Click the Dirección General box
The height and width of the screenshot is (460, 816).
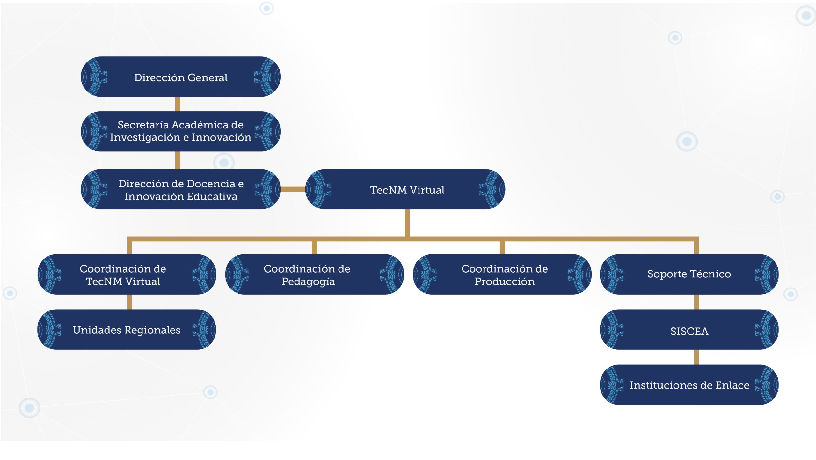click(x=180, y=77)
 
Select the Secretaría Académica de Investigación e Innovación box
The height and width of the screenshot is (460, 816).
click(x=180, y=131)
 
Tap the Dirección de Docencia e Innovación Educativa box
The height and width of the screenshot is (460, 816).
click(x=180, y=189)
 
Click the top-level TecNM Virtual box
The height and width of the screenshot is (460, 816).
click(x=405, y=189)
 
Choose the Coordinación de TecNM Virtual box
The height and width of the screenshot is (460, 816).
click(x=127, y=274)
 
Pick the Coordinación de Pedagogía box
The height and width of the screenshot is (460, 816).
click(x=315, y=274)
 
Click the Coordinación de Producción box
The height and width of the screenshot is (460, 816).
click(x=502, y=274)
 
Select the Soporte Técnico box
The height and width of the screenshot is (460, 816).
click(x=689, y=274)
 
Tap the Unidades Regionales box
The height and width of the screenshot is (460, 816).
click(x=127, y=330)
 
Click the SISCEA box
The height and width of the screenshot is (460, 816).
click(x=689, y=330)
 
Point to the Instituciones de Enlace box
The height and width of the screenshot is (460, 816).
click(x=689, y=385)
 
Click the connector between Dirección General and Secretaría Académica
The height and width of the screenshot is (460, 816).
click(x=178, y=104)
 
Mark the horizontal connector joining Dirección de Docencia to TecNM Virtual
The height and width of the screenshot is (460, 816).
click(x=293, y=189)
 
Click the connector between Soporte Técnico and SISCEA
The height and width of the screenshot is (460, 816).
click(x=696, y=302)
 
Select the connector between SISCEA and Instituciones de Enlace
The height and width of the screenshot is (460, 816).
click(x=696, y=357)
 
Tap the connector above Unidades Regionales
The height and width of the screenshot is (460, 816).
click(x=129, y=302)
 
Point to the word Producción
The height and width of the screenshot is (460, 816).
click(x=505, y=281)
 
